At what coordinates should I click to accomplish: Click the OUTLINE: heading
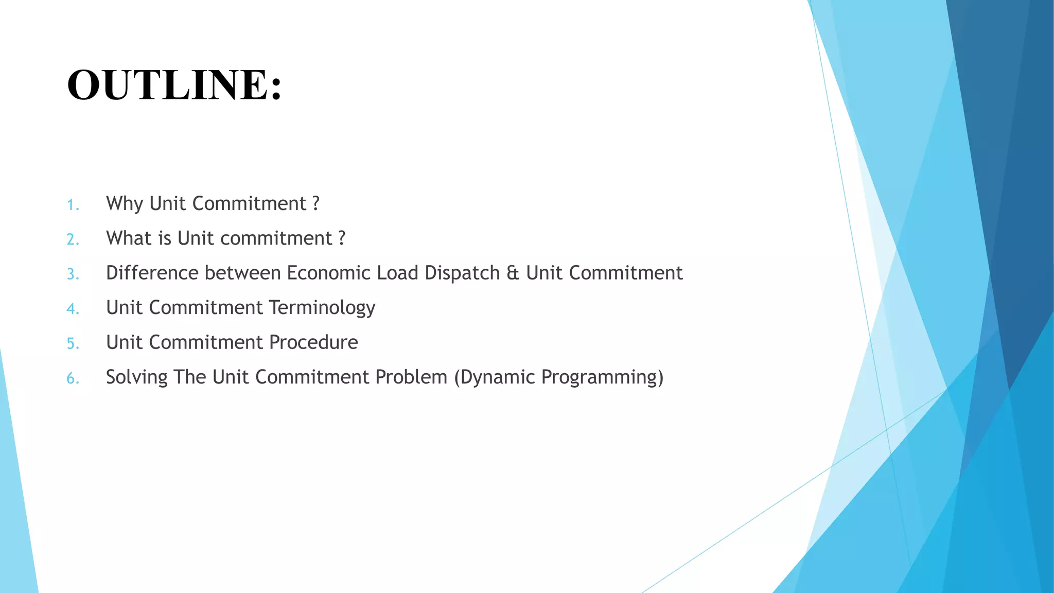pos(174,85)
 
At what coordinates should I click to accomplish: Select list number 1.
pos(73,205)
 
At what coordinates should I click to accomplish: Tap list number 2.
pos(73,239)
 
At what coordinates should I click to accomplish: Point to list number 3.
pos(73,274)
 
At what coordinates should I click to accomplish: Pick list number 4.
pos(73,309)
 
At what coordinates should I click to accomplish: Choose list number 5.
pos(73,343)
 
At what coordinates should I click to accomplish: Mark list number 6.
pos(73,378)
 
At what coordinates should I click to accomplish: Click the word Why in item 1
pos(124,204)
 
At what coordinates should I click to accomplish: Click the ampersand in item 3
pos(513,273)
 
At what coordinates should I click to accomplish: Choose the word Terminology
pos(322,308)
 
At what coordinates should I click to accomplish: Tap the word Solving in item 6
pos(136,377)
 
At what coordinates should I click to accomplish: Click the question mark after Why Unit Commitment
pos(315,204)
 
